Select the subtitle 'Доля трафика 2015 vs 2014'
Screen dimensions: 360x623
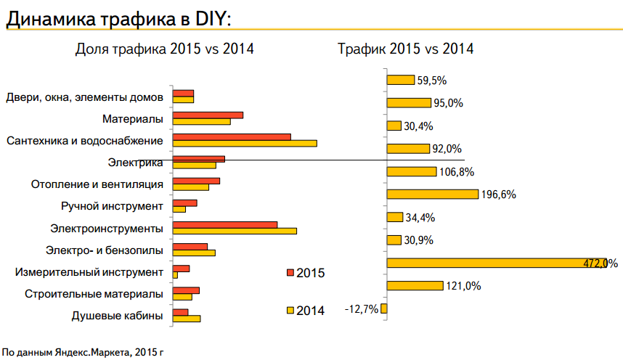coord(165,49)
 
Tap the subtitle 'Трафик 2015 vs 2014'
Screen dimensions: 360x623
coord(405,49)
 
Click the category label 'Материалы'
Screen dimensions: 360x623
coord(132,118)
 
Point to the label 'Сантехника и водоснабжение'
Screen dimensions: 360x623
coord(84,140)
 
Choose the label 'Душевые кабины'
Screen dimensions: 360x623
coord(117,316)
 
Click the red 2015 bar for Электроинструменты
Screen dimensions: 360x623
coord(225,224)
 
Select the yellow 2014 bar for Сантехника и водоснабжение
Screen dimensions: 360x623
coord(245,143)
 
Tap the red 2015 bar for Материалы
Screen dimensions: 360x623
coord(208,115)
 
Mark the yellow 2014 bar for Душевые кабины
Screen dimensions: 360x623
coord(187,319)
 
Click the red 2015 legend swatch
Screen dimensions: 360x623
coord(290,273)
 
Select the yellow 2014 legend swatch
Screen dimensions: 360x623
coord(290,311)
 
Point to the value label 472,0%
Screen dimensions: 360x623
coord(600,263)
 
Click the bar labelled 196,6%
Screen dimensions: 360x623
coord(432,195)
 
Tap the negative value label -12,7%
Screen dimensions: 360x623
coord(361,310)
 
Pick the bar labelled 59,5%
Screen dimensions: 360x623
coord(400,80)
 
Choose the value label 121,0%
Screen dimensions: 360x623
coord(463,287)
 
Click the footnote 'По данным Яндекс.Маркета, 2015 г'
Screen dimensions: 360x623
coord(82,353)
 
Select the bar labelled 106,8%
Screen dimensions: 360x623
coord(411,172)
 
